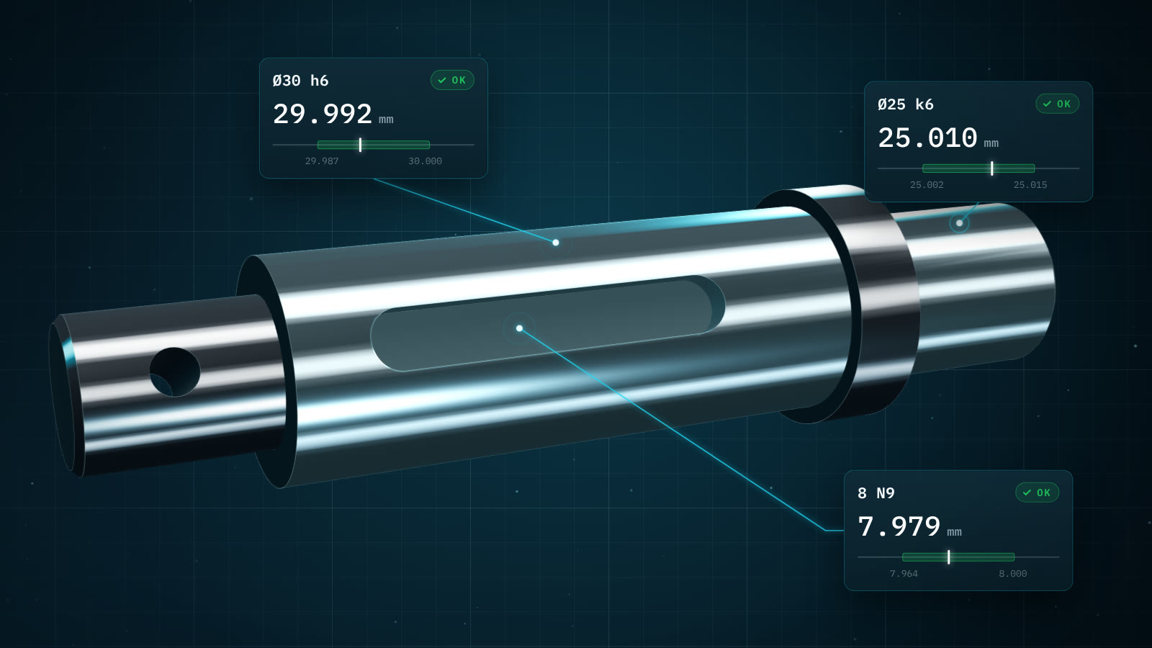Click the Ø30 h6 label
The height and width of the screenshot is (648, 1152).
[x=300, y=81]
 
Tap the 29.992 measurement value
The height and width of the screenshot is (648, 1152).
[x=323, y=114]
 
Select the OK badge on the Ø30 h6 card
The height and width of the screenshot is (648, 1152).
[x=452, y=80]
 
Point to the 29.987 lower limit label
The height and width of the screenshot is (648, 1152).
[x=322, y=161]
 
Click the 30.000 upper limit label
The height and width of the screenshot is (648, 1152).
[x=425, y=161]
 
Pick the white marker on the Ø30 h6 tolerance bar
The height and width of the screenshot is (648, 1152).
[x=360, y=145]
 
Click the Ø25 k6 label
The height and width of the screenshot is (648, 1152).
[x=906, y=104]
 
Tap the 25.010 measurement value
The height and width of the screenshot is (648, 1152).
[x=927, y=138]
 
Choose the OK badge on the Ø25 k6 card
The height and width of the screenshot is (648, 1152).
[x=1058, y=104]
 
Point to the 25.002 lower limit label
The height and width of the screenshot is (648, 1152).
[x=927, y=184]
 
